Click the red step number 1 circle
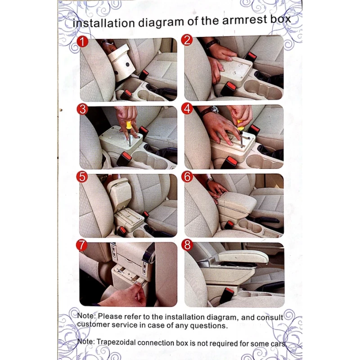tap(82, 41)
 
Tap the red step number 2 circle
tap(187, 40)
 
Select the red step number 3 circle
tap(82, 109)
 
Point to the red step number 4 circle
tap(187, 108)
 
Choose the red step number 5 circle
tap(82, 177)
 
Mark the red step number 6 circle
tap(187, 177)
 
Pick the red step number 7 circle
tap(82, 245)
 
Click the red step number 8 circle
tap(187, 245)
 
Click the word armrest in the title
tap(244, 20)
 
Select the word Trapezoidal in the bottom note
tap(116, 342)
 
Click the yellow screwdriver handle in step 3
tap(129, 126)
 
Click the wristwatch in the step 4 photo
tap(215, 110)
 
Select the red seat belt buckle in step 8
tap(227, 295)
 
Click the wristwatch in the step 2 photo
tap(212, 43)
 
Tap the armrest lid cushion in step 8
tap(243, 256)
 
